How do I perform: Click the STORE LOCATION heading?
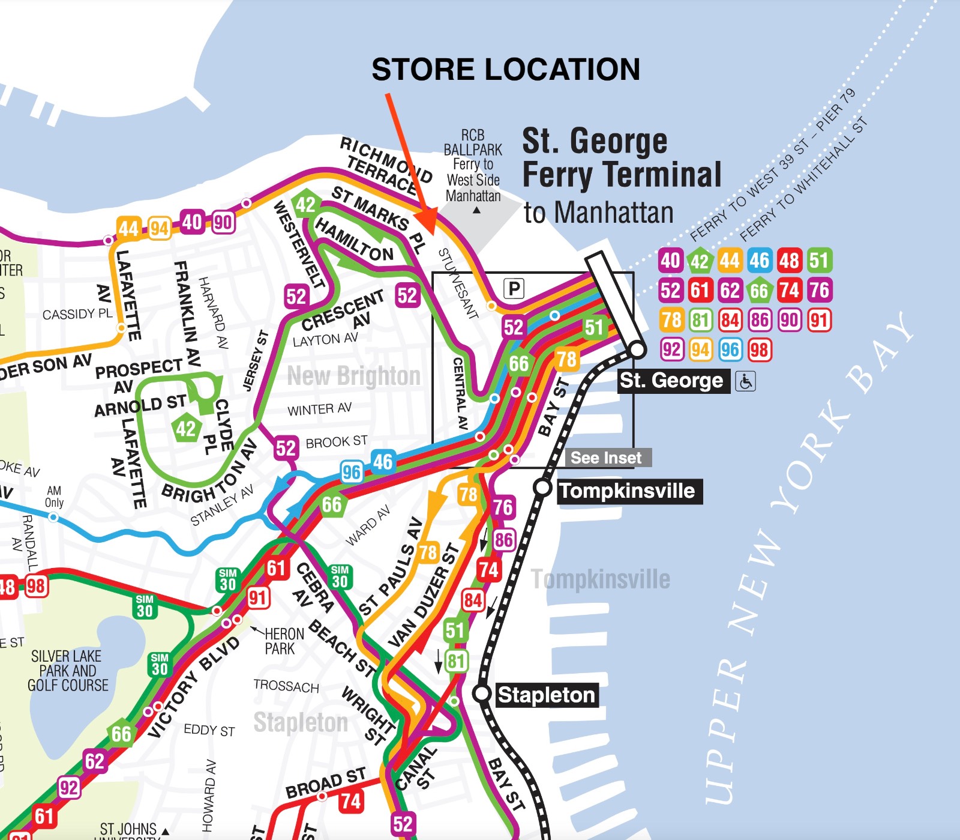tap(505, 69)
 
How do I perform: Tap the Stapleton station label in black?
tap(545, 695)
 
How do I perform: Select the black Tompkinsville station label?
tap(627, 491)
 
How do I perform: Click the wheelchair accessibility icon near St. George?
tap(745, 381)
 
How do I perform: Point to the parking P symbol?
tap(514, 289)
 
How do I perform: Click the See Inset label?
tap(606, 458)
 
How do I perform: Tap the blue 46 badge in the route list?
tap(759, 261)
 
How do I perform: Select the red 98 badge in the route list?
tap(759, 349)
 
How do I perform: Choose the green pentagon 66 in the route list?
tap(759, 291)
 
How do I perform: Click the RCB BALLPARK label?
tap(473, 142)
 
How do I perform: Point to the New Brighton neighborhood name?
tap(353, 376)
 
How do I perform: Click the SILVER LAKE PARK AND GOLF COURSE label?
tap(67, 671)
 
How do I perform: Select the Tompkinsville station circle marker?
tap(542, 488)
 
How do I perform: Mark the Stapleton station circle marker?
tap(482, 693)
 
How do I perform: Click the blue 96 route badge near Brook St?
tap(352, 473)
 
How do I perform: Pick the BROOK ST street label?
tap(336, 443)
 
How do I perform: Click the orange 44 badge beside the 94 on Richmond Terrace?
tap(128, 228)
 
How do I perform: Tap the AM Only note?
tap(54, 497)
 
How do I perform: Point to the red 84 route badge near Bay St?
tap(473, 600)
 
